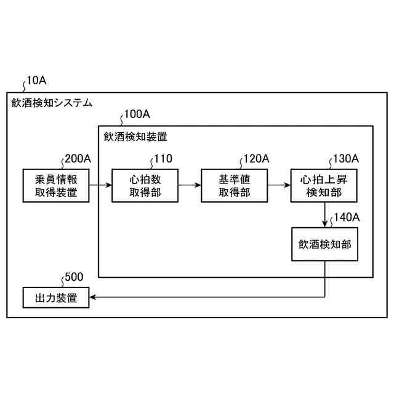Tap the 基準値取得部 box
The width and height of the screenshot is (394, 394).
(234, 185)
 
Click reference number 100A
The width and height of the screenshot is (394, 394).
(137, 115)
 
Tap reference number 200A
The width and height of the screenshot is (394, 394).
(78, 158)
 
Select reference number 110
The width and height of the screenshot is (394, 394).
(163, 158)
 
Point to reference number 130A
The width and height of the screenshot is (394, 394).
(345, 158)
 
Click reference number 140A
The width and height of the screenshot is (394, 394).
(346, 217)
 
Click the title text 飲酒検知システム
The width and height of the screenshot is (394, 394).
(52, 103)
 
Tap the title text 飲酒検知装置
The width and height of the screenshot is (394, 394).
(135, 136)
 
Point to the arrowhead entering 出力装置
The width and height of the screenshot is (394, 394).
(93, 298)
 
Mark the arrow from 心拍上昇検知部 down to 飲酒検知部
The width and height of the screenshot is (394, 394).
(324, 214)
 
